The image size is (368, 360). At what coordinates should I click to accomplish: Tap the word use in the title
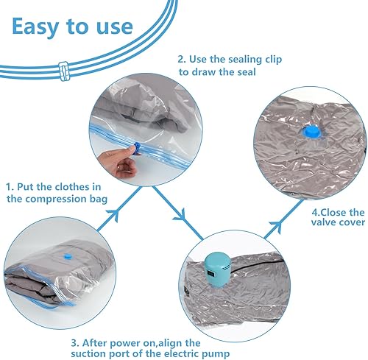(115, 27)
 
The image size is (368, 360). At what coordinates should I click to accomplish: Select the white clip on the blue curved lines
(64, 71)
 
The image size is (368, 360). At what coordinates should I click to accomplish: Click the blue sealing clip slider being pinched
(137, 148)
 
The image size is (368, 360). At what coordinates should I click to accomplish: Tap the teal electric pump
(218, 270)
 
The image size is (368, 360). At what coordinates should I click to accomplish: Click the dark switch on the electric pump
(210, 273)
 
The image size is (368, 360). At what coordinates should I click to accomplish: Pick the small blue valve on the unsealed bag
(67, 256)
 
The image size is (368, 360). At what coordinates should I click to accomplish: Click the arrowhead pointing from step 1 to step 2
(114, 214)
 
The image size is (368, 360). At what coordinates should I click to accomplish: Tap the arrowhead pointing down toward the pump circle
(181, 215)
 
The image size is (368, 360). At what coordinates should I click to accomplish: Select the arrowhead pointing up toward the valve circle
(277, 225)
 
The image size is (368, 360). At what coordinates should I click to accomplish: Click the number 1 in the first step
(9, 187)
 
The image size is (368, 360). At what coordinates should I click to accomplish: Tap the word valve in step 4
(324, 222)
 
